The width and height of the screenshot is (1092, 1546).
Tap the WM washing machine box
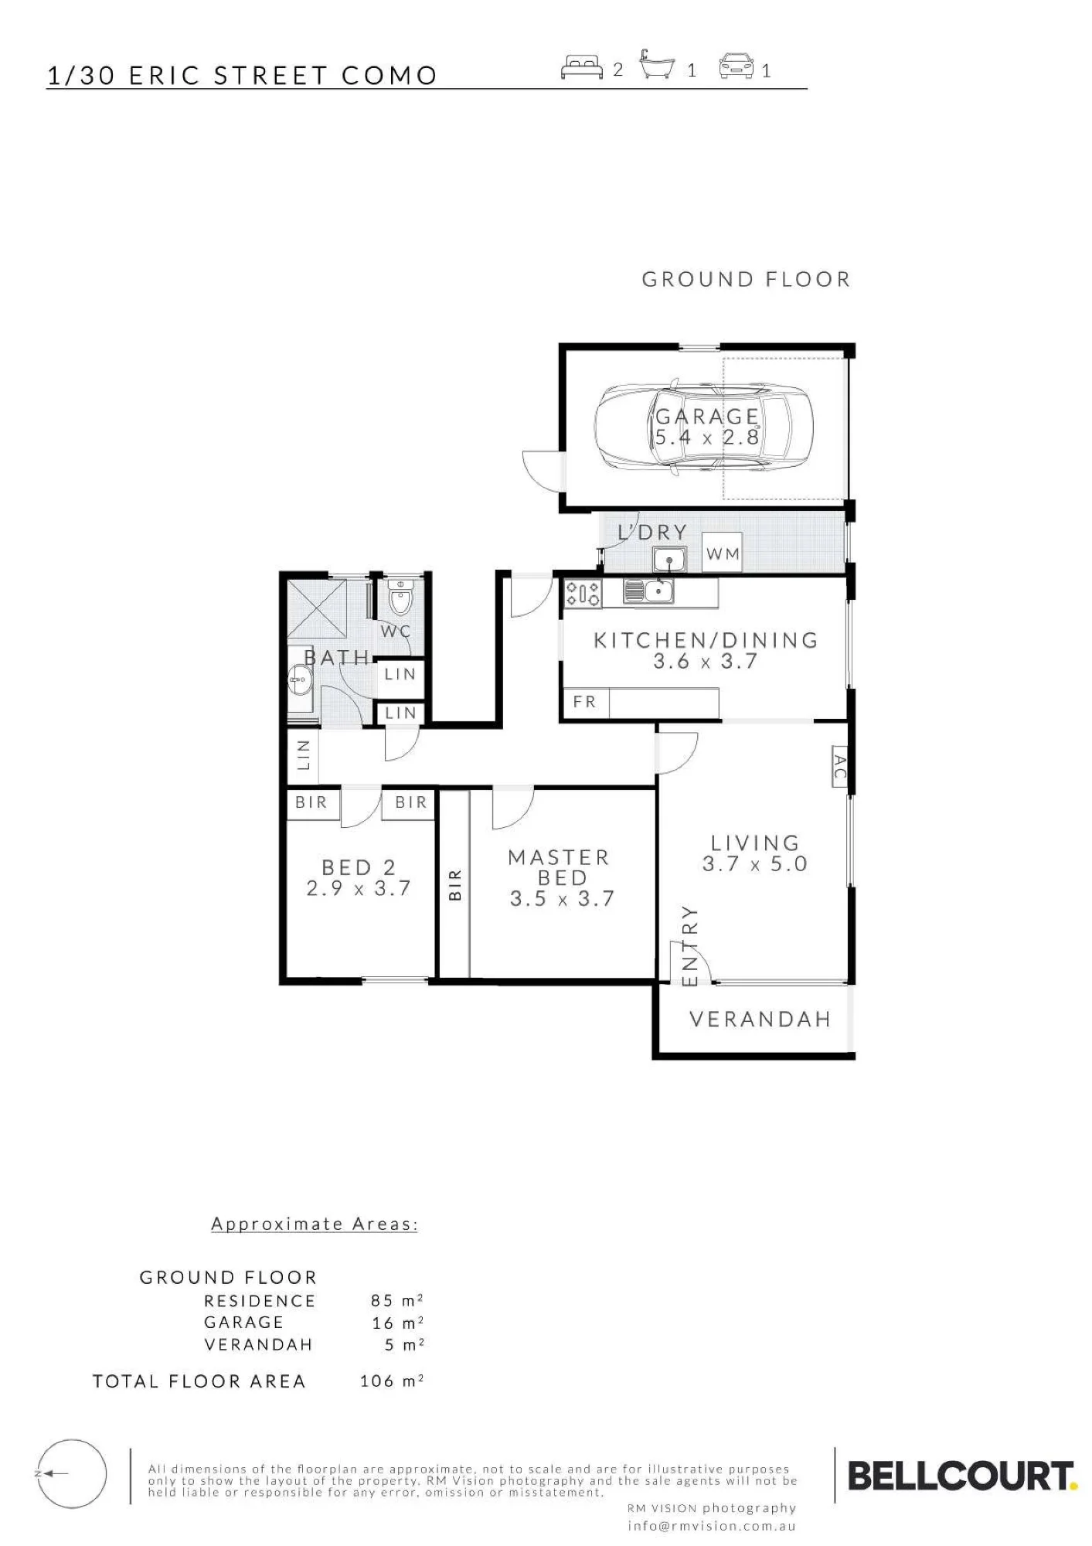(722, 553)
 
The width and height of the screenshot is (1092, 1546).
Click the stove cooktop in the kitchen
(583, 593)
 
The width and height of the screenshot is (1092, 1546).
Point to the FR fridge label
(584, 702)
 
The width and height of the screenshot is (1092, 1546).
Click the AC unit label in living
(840, 766)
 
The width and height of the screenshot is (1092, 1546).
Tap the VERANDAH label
(760, 1020)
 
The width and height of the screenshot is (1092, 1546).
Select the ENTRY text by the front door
(690, 946)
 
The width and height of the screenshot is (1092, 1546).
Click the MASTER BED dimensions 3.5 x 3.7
(562, 898)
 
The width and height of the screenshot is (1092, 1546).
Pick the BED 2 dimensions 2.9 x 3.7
(358, 888)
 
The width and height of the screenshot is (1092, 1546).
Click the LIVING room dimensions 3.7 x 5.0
(754, 863)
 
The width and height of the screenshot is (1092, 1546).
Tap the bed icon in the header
(582, 67)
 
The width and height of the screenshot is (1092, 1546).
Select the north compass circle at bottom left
(71, 1474)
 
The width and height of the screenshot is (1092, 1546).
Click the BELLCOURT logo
(962, 1476)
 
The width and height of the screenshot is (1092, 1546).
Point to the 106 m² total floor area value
(392, 1381)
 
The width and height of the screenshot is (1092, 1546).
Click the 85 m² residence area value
(396, 1301)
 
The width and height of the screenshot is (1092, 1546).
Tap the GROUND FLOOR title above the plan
(746, 279)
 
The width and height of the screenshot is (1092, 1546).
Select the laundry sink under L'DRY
(669, 559)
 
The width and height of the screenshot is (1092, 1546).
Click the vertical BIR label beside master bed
(455, 884)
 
